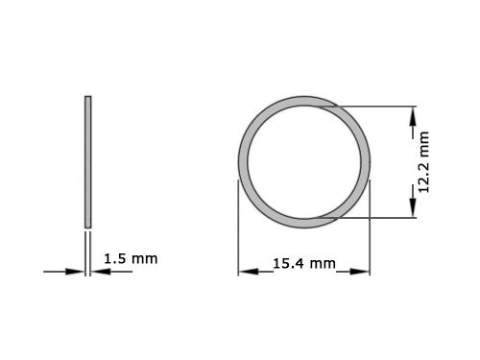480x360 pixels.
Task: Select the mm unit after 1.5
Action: [144, 258]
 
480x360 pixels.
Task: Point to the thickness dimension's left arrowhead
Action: [78, 272]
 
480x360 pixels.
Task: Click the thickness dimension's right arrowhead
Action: [99, 272]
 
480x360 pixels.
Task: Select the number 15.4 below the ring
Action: [291, 262]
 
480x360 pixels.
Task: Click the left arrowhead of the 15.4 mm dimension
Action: [245, 272]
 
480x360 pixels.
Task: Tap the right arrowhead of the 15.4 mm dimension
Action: [365, 272]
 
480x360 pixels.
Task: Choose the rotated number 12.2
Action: [423, 178]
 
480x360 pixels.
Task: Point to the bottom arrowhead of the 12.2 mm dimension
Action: [414, 210]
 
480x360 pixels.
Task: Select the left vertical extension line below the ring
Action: [238, 230]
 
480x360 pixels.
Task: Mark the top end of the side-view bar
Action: [88, 97]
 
